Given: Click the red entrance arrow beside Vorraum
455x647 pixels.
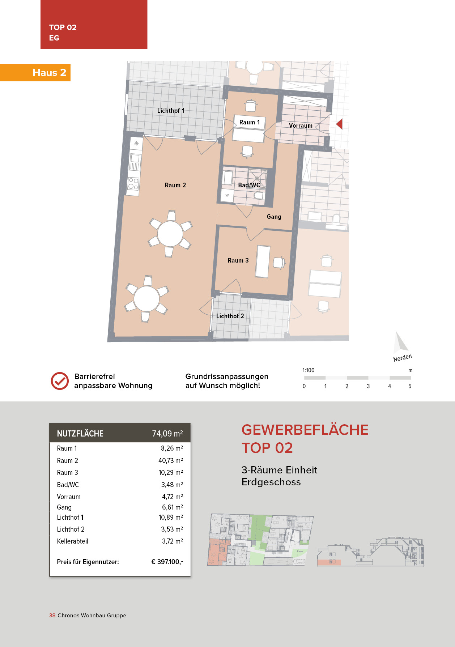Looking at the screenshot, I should click(x=340, y=124).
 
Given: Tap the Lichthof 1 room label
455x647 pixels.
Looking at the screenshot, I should click(x=171, y=111).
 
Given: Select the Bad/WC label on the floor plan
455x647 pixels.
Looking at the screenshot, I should click(x=249, y=185).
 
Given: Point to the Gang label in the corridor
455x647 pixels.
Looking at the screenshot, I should click(x=274, y=217).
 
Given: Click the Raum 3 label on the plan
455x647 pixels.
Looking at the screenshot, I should click(x=238, y=260).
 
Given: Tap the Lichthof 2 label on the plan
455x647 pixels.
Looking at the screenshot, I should click(x=230, y=316).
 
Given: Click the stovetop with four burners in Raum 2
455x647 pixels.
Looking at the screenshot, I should click(x=133, y=184).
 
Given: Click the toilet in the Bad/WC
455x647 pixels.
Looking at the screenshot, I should click(x=259, y=196).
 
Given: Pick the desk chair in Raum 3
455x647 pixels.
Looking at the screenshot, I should click(x=279, y=263).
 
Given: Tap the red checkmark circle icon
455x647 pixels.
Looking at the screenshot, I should click(x=60, y=381).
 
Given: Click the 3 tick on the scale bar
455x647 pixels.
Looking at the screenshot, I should click(x=368, y=386).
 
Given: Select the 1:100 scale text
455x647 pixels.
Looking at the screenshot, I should click(x=308, y=370).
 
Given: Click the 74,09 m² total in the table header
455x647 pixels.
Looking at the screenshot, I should click(x=167, y=433).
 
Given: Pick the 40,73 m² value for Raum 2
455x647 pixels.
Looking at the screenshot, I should click(x=171, y=460).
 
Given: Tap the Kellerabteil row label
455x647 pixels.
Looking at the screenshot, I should click(x=73, y=541).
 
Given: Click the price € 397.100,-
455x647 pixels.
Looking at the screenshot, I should click(x=167, y=562).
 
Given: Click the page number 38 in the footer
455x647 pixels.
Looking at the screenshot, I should click(x=52, y=615).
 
